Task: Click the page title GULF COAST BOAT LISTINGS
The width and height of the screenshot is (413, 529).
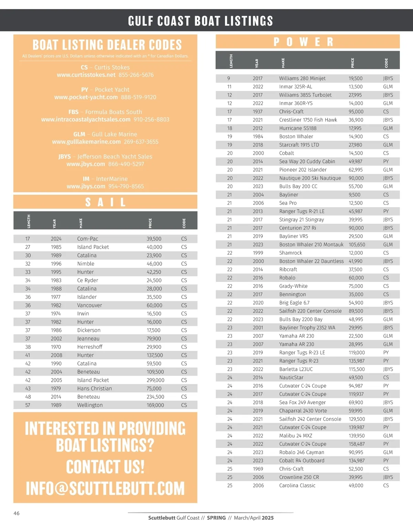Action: pyautogui.click(x=200, y=21)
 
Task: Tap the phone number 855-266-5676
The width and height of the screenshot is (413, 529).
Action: pyautogui.click(x=136, y=75)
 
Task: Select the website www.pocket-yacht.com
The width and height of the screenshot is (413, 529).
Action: pyautogui.click(x=86, y=97)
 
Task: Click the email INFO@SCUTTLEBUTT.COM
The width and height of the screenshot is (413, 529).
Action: pyautogui.click(x=105, y=488)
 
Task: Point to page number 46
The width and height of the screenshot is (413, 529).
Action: pyautogui.click(x=17, y=513)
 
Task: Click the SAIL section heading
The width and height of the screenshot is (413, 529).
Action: pyautogui.click(x=105, y=202)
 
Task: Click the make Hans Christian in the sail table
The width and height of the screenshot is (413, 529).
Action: pyautogui.click(x=94, y=388)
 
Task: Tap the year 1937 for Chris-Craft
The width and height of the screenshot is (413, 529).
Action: pyautogui.click(x=257, y=112)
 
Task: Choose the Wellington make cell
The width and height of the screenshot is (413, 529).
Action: pyautogui.click(x=90, y=405)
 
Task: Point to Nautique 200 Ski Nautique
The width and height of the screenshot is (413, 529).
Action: pyautogui.click(x=310, y=178)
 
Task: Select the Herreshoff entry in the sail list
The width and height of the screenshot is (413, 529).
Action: pyautogui.click(x=90, y=347)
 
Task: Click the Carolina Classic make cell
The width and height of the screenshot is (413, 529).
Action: pyautogui.click(x=297, y=485)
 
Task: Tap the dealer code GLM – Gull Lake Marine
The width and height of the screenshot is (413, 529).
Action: pyautogui.click(x=105, y=134)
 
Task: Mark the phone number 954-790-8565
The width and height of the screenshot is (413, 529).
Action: pyautogui.click(x=126, y=186)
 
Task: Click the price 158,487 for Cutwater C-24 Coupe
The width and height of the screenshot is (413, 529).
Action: pyautogui.click(x=357, y=444)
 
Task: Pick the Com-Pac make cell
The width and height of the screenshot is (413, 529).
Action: pyautogui.click(x=87, y=239)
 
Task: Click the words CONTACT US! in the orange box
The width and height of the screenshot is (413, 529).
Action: pyautogui.click(x=105, y=467)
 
